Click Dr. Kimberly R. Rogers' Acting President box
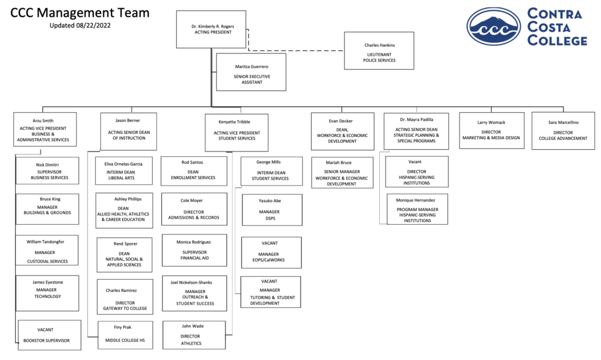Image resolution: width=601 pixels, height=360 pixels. click(x=211, y=29)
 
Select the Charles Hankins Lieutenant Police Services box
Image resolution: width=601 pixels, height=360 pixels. click(x=379, y=51)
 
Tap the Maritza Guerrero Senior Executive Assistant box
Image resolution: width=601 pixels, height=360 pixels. click(x=251, y=72)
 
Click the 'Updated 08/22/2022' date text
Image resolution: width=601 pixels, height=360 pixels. click(x=80, y=25)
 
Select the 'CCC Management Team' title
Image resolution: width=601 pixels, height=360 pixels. click(x=80, y=12)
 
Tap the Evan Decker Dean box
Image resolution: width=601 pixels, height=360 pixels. click(x=342, y=131)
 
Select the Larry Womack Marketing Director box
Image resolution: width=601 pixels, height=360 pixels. click(x=491, y=130)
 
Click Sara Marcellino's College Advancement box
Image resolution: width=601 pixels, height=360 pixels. click(x=562, y=130)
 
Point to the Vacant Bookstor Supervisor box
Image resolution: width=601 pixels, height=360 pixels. click(x=49, y=335)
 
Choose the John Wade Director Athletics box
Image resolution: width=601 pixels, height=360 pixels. click(x=194, y=335)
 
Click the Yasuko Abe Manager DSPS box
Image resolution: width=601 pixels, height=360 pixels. click(x=271, y=210)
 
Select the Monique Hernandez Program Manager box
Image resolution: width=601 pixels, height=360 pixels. click(x=416, y=209)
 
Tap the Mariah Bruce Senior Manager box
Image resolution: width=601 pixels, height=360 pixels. click(x=342, y=172)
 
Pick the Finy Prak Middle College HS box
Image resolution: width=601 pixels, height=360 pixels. click(x=124, y=335)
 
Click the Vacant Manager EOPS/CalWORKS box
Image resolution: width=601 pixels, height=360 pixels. click(x=271, y=253)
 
